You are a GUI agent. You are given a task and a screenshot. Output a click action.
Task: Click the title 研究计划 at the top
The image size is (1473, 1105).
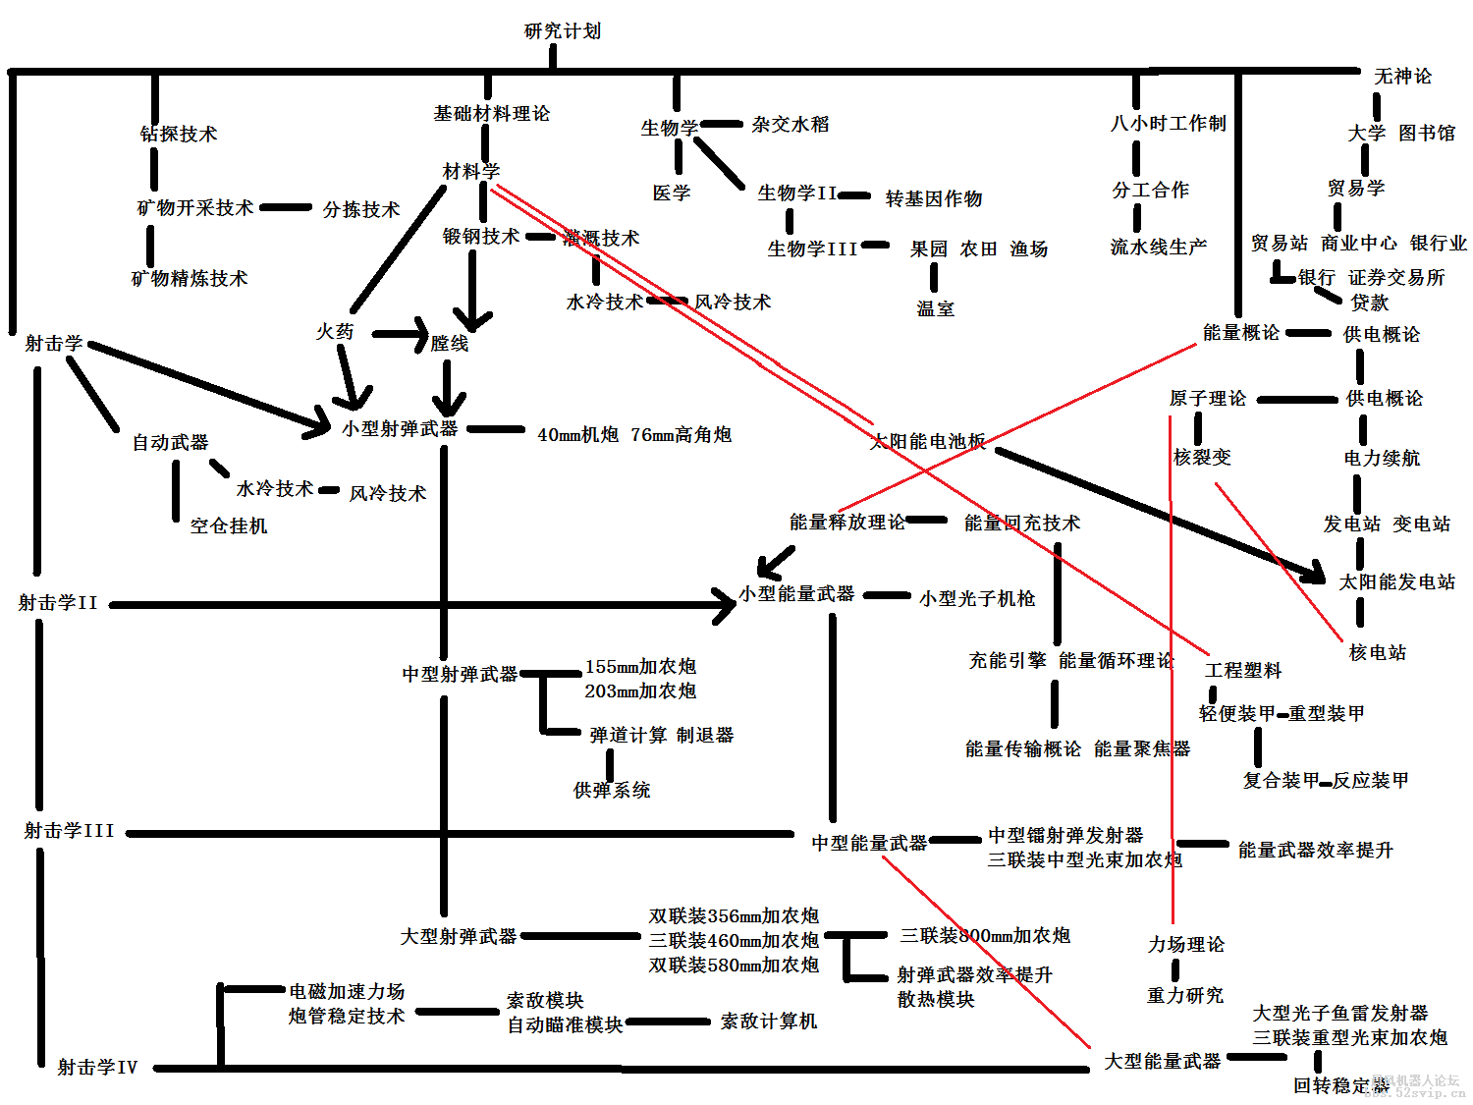coord(562,31)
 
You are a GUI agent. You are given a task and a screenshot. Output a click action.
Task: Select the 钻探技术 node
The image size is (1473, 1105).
coord(179,134)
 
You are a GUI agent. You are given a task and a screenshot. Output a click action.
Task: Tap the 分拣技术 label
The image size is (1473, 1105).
coord(361,209)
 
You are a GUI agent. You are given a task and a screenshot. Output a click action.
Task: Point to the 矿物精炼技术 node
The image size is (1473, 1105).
coord(190,279)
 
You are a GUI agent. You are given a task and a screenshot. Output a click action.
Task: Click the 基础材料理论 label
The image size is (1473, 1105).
coord(491,114)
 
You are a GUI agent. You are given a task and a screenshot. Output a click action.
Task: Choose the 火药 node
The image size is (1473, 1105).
coord(335,332)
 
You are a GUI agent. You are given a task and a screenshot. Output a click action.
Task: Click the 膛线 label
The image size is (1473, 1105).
coord(450,343)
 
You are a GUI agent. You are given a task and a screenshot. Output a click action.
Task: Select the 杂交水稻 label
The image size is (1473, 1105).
coord(791,125)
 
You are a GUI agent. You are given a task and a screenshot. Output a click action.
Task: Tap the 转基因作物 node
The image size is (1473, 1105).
coord(933,198)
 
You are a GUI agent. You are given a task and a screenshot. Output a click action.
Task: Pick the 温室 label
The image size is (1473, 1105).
coord(935,308)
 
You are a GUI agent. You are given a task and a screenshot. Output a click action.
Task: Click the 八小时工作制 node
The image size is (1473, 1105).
coord(1168,124)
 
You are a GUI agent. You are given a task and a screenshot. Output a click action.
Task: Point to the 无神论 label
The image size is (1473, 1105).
coord(1402,77)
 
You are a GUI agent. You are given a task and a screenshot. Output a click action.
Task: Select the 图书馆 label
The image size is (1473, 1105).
coord(1427,133)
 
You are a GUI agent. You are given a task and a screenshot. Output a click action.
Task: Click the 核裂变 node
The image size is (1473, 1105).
coord(1202,457)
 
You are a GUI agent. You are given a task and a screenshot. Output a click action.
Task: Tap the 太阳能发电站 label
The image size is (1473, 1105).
coord(1396,582)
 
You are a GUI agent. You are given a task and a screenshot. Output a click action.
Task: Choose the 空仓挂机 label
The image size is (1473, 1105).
coord(229,525)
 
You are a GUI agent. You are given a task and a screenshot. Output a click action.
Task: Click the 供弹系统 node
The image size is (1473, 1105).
coord(612,790)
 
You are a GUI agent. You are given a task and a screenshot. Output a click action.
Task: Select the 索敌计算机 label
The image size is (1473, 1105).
coord(769,1022)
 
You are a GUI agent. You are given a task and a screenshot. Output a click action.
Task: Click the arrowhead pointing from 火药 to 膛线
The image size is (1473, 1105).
coord(420,334)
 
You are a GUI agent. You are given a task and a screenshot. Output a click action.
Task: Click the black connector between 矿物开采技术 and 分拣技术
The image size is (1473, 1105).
coord(285,208)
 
